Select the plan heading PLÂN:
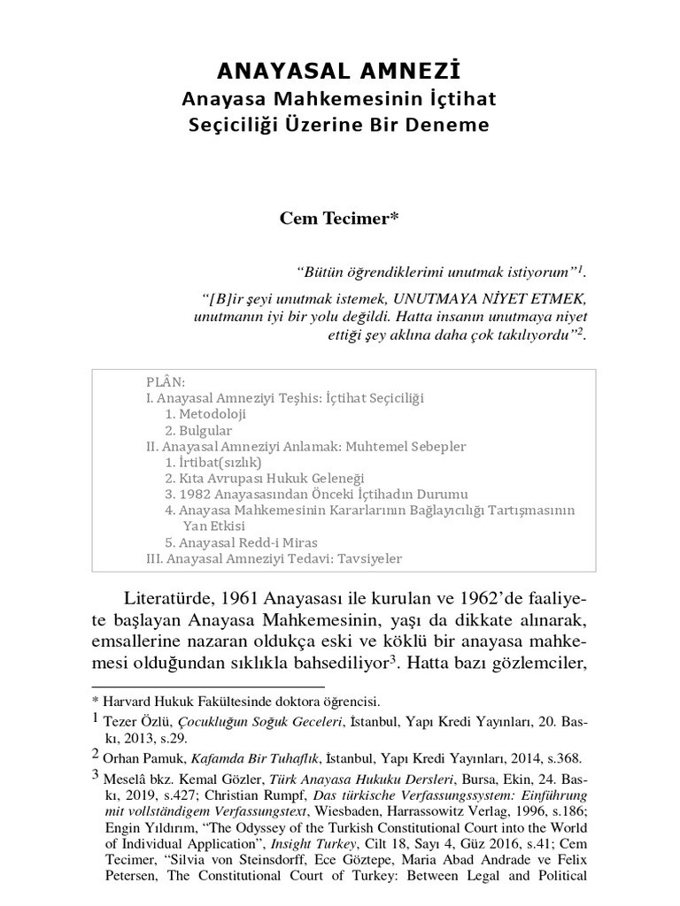[166, 381]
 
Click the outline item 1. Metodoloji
[205, 414]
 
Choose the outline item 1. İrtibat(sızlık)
[213, 462]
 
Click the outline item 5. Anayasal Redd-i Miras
[241, 542]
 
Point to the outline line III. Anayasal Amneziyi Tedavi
[274, 558]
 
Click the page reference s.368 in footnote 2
[560, 758]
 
